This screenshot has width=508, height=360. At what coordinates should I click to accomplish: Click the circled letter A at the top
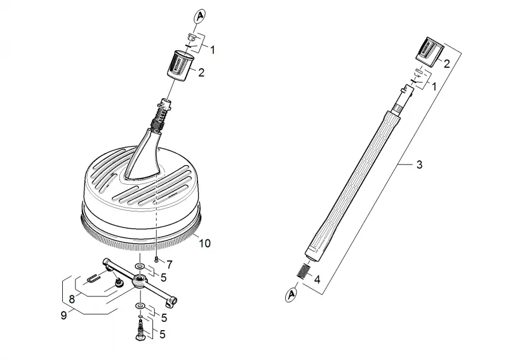point(200,17)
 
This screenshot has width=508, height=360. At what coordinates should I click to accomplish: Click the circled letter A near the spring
point(291,295)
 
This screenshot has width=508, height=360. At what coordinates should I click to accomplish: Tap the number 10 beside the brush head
point(204,243)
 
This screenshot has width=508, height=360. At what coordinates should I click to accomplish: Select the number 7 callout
point(170,264)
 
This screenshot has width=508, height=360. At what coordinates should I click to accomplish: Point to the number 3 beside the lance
point(419,164)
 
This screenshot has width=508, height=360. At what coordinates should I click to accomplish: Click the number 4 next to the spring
point(317,279)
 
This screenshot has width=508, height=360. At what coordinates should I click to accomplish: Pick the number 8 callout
point(72,299)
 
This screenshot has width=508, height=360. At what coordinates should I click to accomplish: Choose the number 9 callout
point(64,315)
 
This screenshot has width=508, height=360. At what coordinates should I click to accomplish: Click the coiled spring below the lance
point(304,271)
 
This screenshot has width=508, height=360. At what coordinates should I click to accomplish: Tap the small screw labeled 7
point(156,259)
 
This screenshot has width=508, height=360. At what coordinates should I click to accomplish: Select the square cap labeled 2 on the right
point(429,52)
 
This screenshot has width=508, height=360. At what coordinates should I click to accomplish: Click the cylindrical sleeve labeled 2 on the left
point(180,67)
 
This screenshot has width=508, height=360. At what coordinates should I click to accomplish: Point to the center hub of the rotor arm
point(140,281)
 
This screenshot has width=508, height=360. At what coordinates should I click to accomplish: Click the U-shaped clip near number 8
point(93,278)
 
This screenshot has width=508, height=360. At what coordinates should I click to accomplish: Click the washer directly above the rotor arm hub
point(140,267)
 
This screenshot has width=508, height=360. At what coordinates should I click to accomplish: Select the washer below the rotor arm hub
point(140,305)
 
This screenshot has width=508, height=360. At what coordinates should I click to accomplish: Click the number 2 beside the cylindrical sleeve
point(201,72)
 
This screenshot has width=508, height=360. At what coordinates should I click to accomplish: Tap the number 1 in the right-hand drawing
point(434,86)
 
